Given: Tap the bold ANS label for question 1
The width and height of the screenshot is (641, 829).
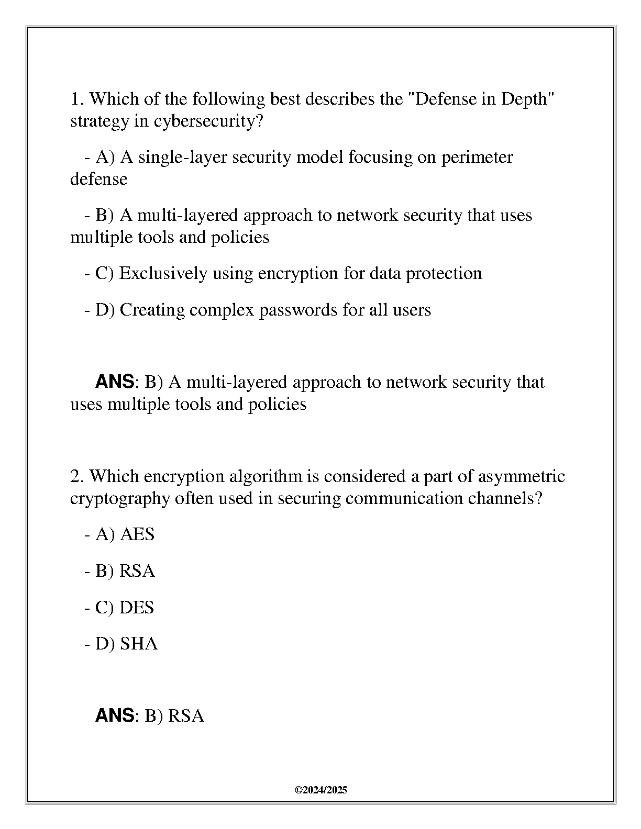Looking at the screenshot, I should [115, 382].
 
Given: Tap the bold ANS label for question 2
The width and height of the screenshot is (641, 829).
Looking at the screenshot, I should [115, 715].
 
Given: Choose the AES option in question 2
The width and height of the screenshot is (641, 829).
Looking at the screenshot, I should [137, 534].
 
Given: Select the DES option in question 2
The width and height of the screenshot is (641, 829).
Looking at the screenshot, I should [137, 608].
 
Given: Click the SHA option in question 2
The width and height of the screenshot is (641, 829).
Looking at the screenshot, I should [139, 644].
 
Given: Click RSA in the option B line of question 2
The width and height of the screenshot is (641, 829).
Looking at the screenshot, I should [137, 571].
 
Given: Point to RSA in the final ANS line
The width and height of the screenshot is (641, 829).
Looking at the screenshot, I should [186, 715].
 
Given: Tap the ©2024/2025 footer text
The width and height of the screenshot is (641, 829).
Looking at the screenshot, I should [320, 790].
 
